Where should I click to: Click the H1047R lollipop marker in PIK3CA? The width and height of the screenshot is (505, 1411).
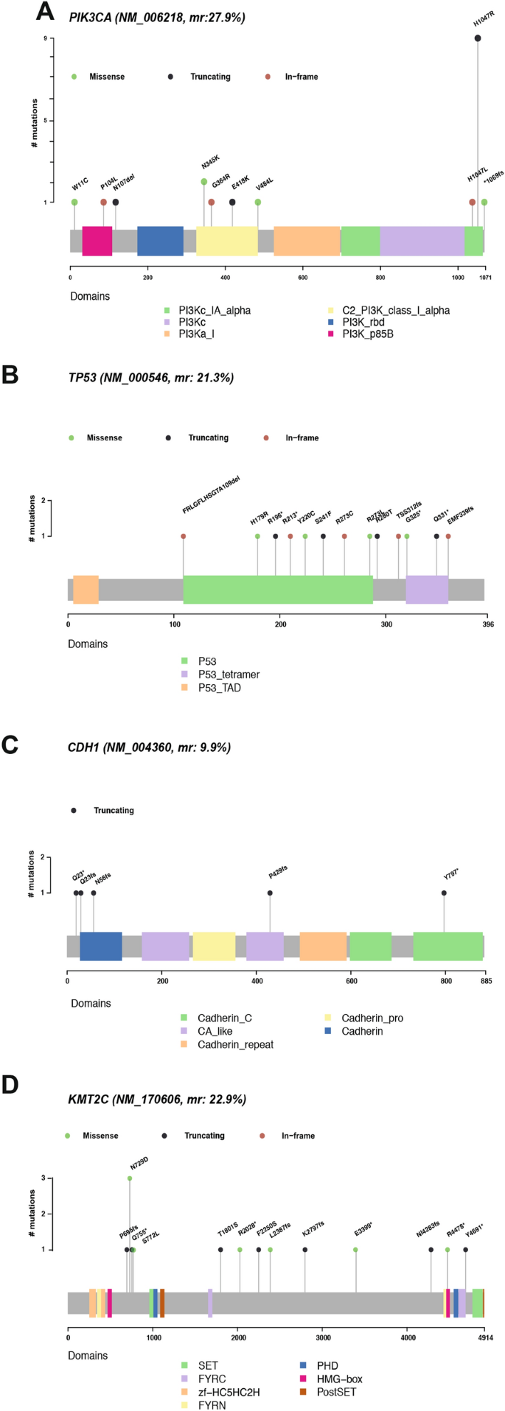tap(478, 38)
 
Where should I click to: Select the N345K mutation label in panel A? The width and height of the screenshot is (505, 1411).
tap(211, 163)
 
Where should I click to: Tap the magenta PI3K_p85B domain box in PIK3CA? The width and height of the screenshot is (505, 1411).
tap(97, 241)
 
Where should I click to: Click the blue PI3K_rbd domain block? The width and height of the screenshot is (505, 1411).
tap(160, 241)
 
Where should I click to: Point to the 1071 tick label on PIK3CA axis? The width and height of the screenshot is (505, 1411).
tap(484, 278)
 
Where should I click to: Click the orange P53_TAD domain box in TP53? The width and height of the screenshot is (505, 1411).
tap(86, 589)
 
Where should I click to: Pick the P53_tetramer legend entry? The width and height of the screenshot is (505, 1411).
tap(229, 674)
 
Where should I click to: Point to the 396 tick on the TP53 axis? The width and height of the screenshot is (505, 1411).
tap(488, 624)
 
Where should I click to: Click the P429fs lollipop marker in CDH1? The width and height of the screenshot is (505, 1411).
tap(270, 893)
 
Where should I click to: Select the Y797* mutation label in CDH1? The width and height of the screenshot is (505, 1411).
tap(451, 874)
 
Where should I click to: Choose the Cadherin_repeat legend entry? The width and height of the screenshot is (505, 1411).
tap(235, 1044)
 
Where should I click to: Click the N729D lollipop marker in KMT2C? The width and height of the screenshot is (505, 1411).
tap(130, 1178)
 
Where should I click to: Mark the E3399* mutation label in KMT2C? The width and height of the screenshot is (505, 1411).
tap(363, 1231)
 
